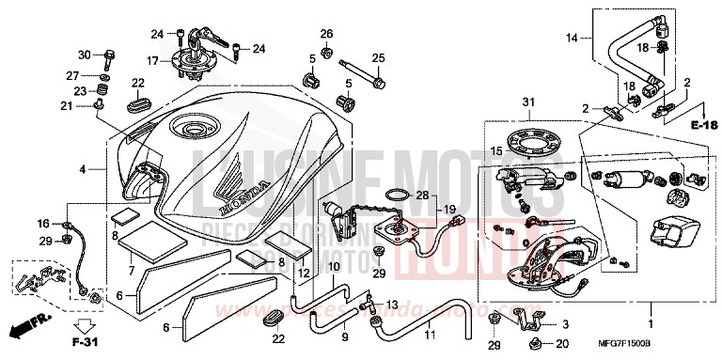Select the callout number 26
(326, 35)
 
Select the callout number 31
(528, 102)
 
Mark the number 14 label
(573, 39)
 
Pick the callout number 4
(83, 170)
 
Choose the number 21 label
(67, 107)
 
